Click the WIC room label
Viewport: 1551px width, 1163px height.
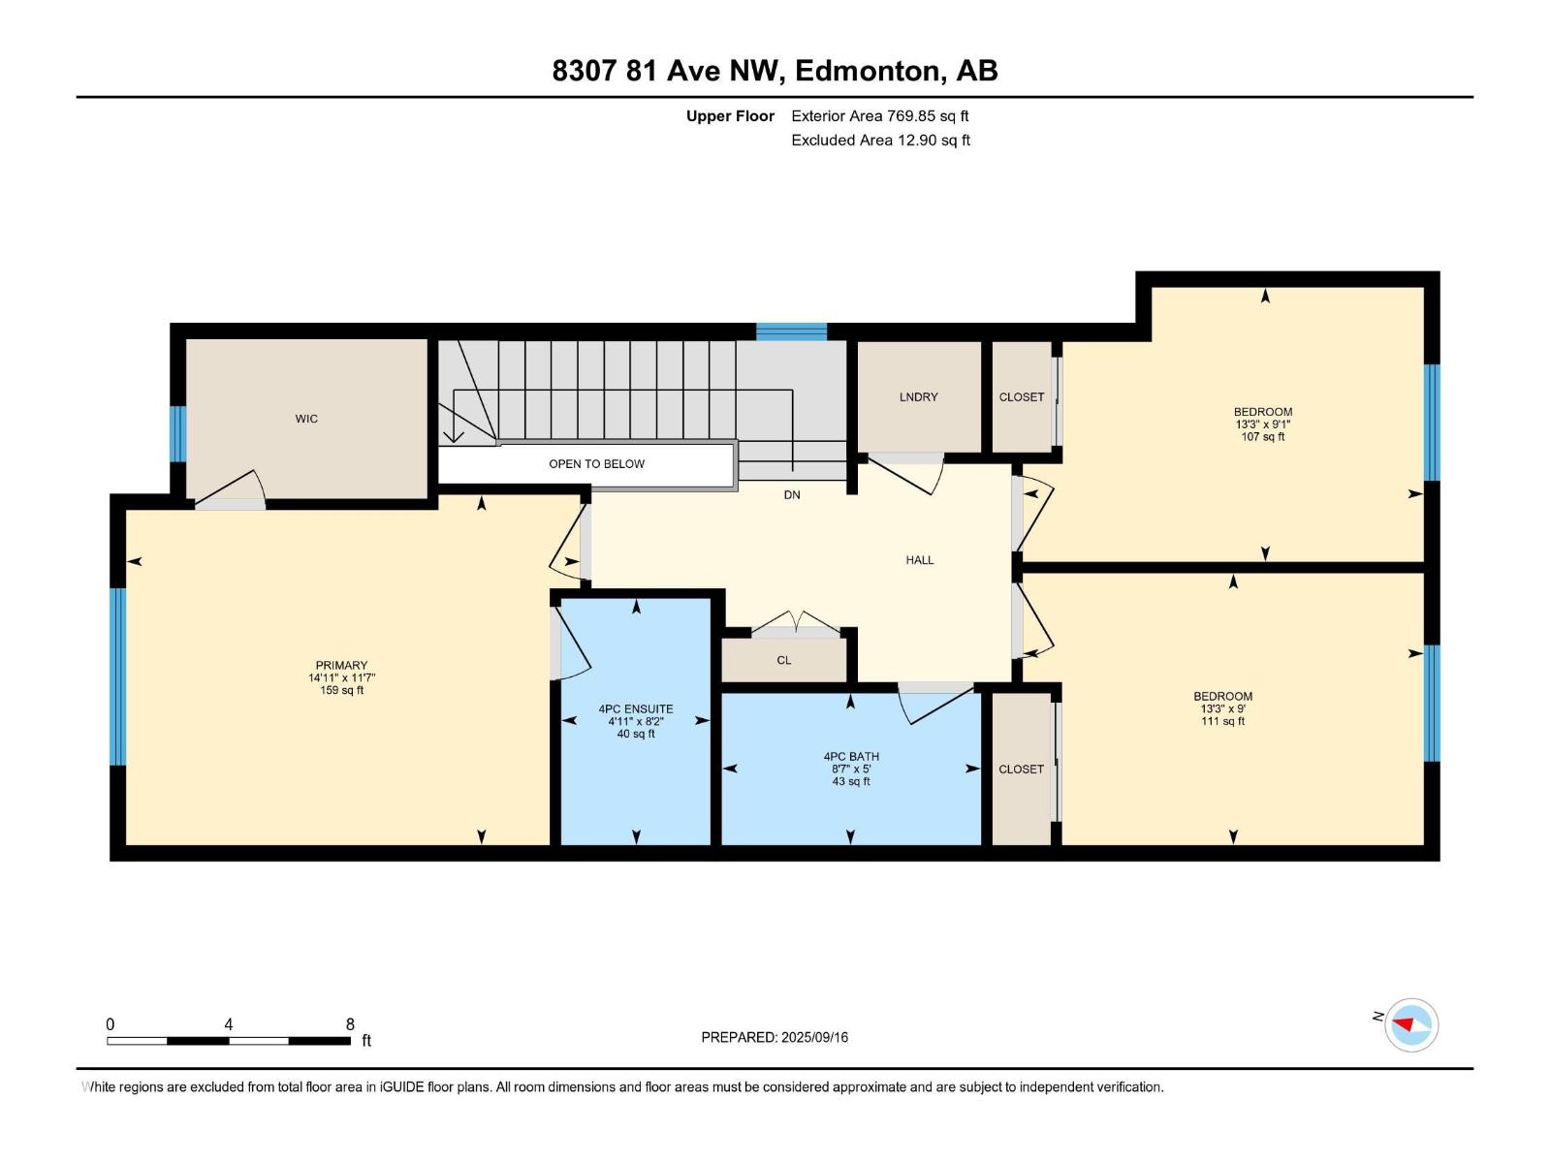(x=306, y=419)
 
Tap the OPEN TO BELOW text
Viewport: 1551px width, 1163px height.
(x=596, y=464)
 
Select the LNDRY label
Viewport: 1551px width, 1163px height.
(x=918, y=396)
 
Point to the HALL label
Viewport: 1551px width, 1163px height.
(x=919, y=560)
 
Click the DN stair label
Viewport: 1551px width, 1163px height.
(x=791, y=495)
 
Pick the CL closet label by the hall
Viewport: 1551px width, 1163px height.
(x=783, y=660)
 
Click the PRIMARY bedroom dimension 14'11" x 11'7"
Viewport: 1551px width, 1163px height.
(x=341, y=677)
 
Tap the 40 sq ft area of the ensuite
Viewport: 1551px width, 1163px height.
(x=636, y=734)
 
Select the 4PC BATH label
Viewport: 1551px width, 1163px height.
(x=851, y=756)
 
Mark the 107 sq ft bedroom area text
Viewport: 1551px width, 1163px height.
(x=1263, y=436)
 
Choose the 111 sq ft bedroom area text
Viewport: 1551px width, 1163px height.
(x=1222, y=721)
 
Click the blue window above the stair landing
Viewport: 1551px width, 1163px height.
(x=791, y=331)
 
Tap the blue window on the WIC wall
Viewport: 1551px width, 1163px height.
(x=178, y=433)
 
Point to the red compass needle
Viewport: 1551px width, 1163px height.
(x=1402, y=1023)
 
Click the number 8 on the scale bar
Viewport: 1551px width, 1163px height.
(x=350, y=1023)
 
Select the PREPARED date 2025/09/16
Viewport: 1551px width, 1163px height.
(x=814, y=1037)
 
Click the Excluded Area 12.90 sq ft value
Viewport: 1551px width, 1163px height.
(x=934, y=140)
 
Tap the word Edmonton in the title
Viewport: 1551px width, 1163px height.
(x=870, y=72)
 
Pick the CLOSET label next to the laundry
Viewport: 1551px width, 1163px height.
(x=1021, y=396)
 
